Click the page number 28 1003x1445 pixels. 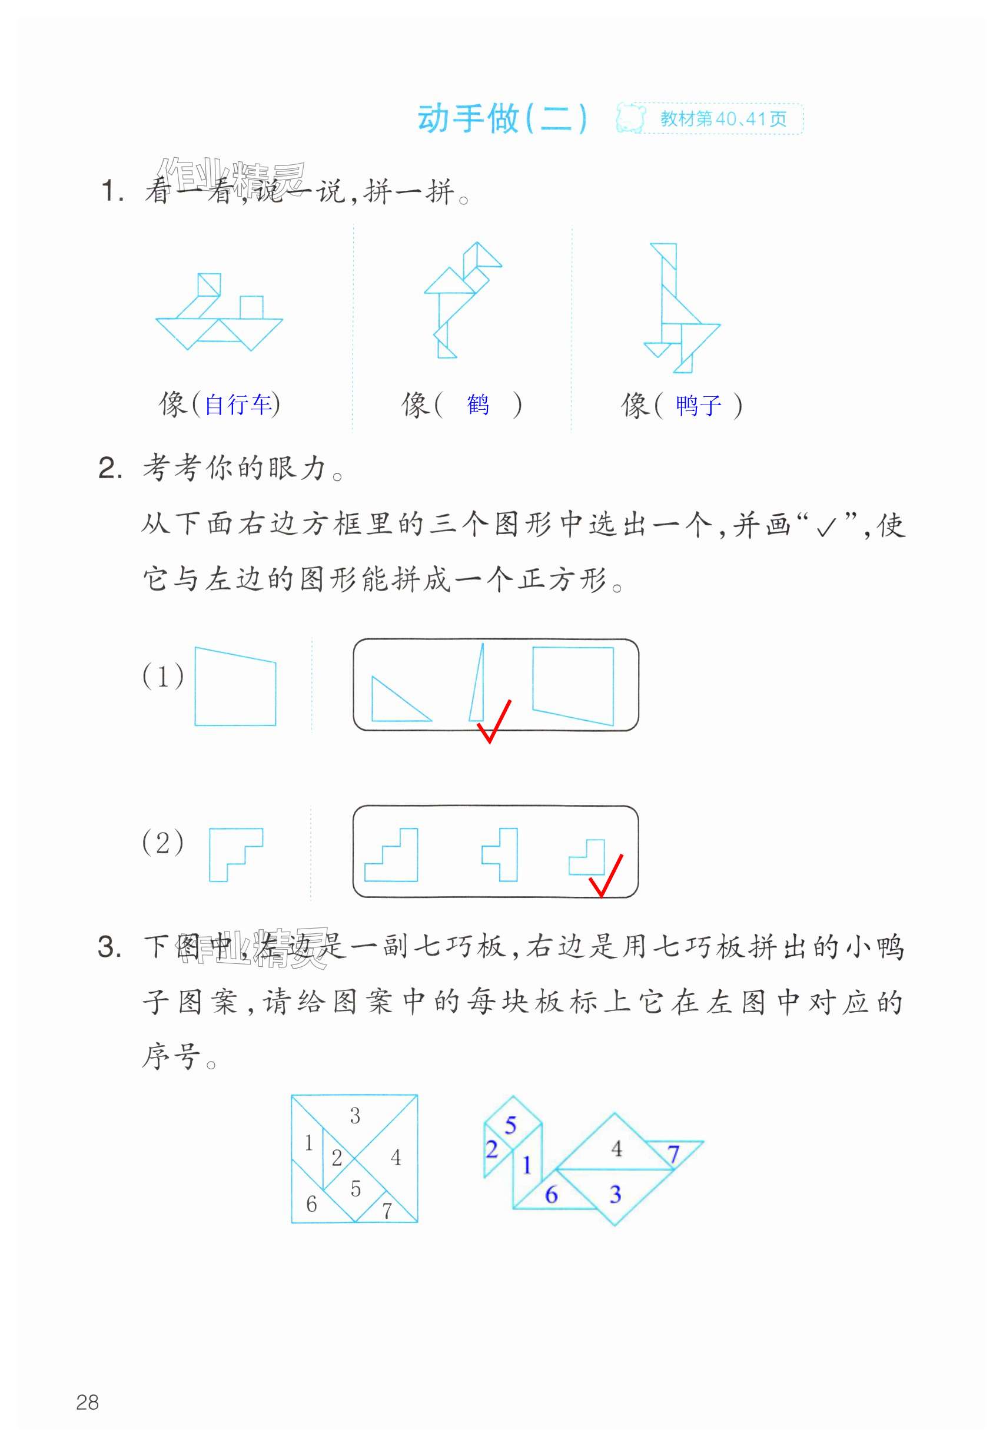pyautogui.click(x=87, y=1402)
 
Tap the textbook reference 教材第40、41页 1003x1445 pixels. pyautogui.click(x=723, y=119)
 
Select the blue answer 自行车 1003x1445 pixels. pyautogui.click(x=238, y=404)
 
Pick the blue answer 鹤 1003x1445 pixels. pyautogui.click(x=477, y=404)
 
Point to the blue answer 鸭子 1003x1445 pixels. pyautogui.click(x=698, y=405)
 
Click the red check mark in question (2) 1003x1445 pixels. pyautogui.click(x=605, y=876)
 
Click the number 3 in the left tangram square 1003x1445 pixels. pyautogui.click(x=355, y=1116)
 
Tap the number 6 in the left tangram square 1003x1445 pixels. pyautogui.click(x=311, y=1204)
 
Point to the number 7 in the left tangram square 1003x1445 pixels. pyautogui.click(x=387, y=1210)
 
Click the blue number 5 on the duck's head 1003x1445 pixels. pyautogui.click(x=510, y=1125)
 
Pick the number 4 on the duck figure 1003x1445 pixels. pyautogui.click(x=616, y=1149)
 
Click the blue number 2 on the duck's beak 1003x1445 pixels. pyautogui.click(x=491, y=1149)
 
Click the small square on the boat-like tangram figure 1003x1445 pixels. pyautogui.click(x=251, y=307)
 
